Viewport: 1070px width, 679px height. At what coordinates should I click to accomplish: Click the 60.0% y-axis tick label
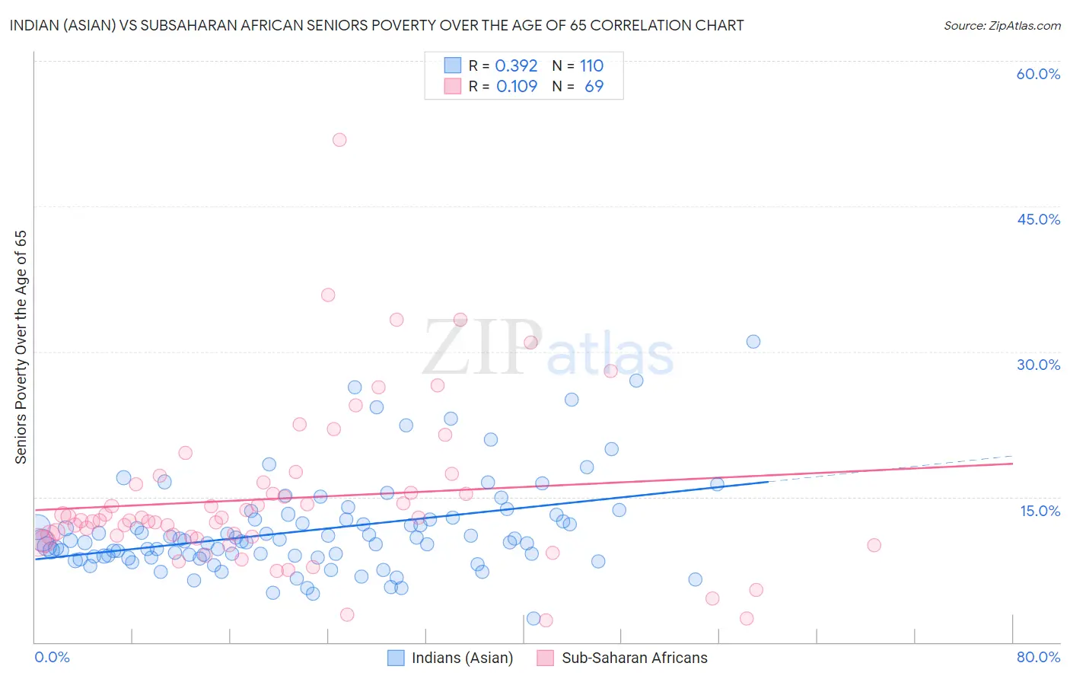click(x=1038, y=74)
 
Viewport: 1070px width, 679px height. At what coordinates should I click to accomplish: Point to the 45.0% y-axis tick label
click(x=1038, y=219)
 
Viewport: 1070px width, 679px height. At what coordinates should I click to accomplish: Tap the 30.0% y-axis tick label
click(x=1038, y=365)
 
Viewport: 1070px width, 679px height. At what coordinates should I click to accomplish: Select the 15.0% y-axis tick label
click(x=1040, y=510)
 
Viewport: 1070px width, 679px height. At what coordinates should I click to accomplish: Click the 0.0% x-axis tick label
click(x=52, y=657)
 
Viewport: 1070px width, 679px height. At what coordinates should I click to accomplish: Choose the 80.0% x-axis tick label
click(x=1038, y=657)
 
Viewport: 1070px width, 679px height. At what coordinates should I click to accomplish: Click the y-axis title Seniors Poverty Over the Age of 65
click(x=21, y=347)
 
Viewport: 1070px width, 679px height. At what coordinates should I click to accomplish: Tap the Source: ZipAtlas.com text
click(x=1002, y=25)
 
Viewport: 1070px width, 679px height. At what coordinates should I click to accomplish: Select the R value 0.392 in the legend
click(x=516, y=65)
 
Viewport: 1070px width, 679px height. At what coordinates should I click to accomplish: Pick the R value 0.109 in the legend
click(x=516, y=86)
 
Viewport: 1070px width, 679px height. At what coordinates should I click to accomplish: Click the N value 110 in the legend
click(x=591, y=65)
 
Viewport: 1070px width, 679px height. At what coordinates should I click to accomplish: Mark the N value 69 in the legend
click(x=594, y=86)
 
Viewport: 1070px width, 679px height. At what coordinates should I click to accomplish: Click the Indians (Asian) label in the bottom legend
click(x=462, y=658)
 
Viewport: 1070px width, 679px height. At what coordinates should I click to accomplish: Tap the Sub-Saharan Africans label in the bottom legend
click(x=634, y=658)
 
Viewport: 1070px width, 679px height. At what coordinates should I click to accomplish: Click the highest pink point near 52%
click(x=339, y=140)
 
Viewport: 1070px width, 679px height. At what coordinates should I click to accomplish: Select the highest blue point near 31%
click(x=753, y=342)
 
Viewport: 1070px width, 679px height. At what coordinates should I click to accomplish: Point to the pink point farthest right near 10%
click(x=874, y=545)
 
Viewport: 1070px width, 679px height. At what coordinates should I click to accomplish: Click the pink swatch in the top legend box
click(x=453, y=86)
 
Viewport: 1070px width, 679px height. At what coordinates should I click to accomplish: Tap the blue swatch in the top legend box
click(x=453, y=65)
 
